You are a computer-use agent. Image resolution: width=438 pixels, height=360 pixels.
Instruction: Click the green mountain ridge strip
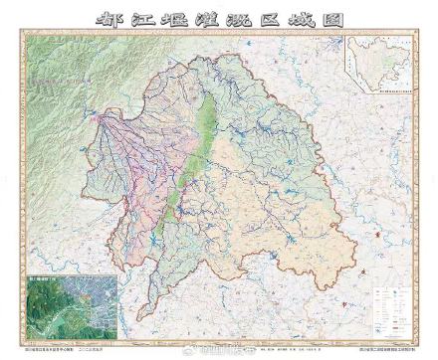195,149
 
